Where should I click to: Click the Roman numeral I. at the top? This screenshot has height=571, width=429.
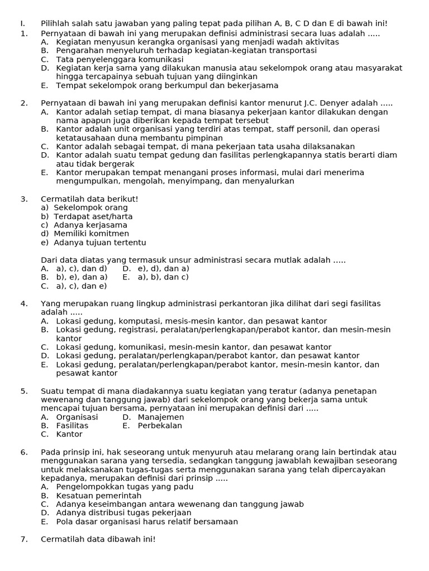[22, 23]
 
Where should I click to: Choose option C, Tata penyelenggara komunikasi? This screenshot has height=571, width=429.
[120, 60]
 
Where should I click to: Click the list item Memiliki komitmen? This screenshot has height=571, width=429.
[91, 234]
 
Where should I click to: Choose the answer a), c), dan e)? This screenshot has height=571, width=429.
[81, 286]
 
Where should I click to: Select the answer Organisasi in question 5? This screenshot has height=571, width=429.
[77, 417]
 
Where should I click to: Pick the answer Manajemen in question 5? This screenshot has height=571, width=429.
[161, 417]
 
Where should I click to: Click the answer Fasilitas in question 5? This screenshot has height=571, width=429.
[72, 425]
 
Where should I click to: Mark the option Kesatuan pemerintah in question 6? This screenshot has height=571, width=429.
[99, 496]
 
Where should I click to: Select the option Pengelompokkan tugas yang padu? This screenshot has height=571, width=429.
[125, 487]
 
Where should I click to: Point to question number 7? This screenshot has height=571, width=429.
[23, 539]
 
